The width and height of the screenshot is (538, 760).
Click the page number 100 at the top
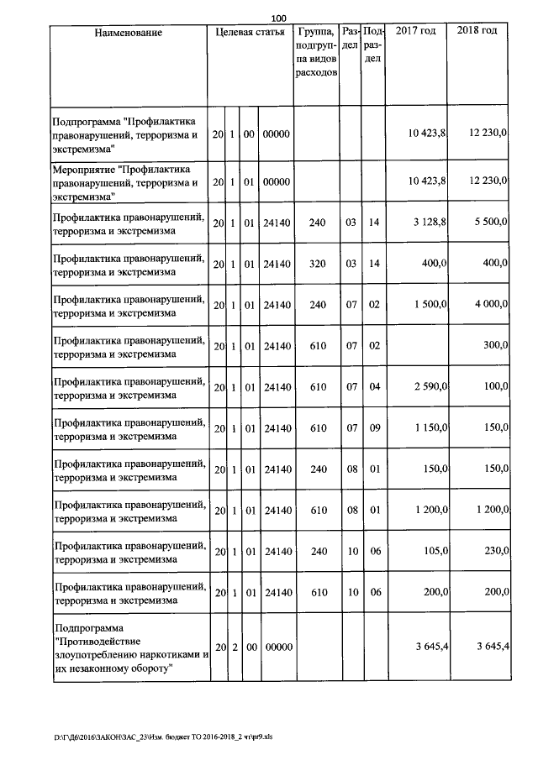pyautogui.click(x=279, y=18)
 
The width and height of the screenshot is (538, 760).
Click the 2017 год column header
pyautogui.click(x=415, y=31)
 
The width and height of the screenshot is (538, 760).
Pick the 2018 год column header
pyautogui.click(x=477, y=31)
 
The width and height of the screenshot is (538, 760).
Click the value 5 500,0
pyautogui.click(x=489, y=223)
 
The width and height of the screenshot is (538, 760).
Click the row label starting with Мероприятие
pyautogui.click(x=125, y=181)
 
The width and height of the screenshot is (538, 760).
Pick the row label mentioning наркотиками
pyautogui.click(x=129, y=649)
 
